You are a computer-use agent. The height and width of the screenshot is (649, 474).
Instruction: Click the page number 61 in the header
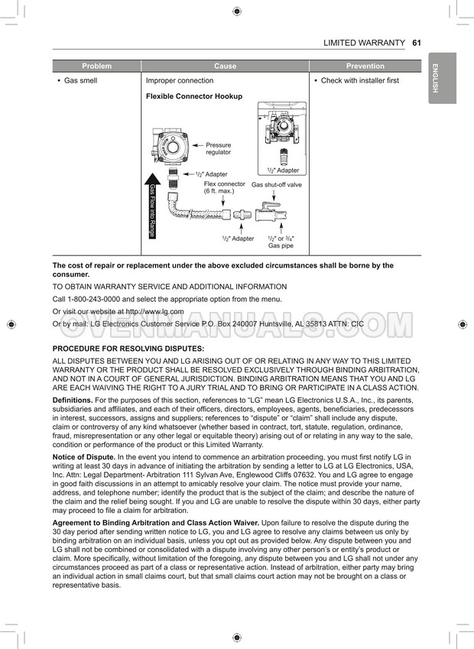click(x=417, y=43)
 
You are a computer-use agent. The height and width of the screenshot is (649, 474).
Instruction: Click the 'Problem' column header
click(x=96, y=67)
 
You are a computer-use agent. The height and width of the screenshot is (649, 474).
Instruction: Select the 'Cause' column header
click(x=225, y=67)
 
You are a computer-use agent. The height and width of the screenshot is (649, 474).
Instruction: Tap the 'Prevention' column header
click(x=365, y=67)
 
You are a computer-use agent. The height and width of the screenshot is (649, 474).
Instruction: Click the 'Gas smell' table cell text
click(x=80, y=80)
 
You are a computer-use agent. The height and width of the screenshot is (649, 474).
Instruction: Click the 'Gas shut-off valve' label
click(x=277, y=184)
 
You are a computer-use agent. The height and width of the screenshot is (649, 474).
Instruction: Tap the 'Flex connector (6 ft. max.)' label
click(x=224, y=187)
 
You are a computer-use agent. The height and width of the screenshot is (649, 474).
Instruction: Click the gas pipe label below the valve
click(x=281, y=242)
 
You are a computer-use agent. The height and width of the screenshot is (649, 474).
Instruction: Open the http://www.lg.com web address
click(x=154, y=312)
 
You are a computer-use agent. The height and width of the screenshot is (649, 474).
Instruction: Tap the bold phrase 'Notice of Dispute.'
click(x=83, y=456)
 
